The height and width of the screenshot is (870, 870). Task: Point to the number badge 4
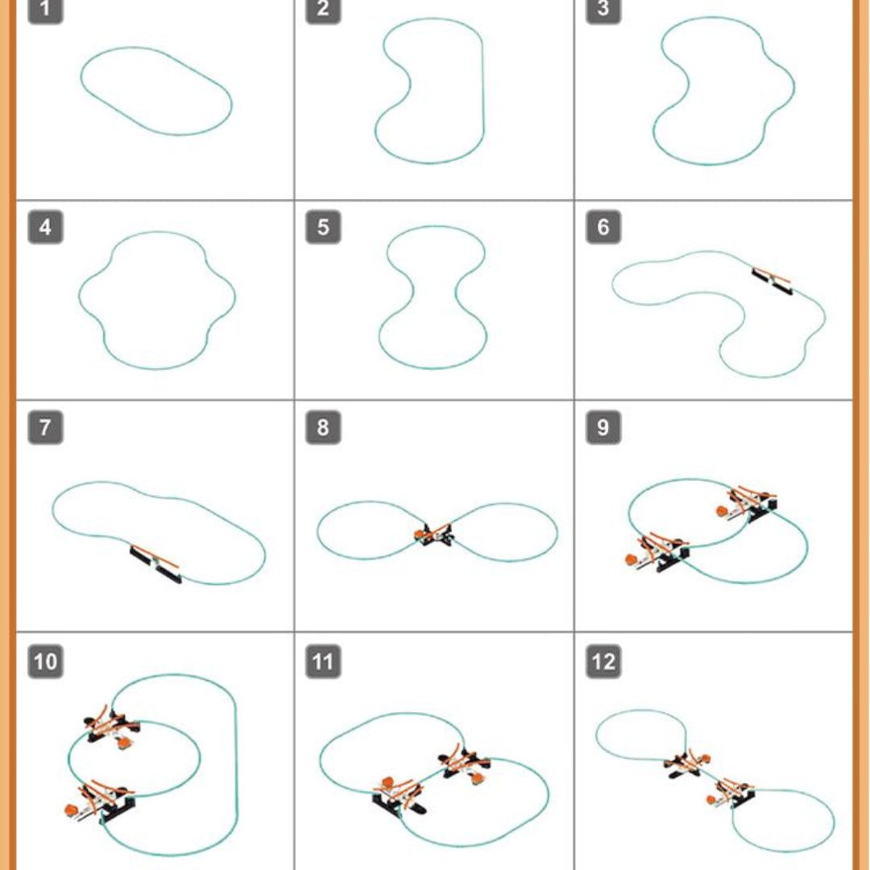click(45, 227)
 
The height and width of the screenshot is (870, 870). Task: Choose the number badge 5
click(323, 227)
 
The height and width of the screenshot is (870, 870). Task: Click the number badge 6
click(603, 227)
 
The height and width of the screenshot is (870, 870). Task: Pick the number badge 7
click(45, 427)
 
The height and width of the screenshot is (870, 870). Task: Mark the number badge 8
click(323, 427)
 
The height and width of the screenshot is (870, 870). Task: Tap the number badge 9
click(603, 427)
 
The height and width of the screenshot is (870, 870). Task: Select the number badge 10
click(45, 661)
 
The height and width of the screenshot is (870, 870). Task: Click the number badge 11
click(323, 661)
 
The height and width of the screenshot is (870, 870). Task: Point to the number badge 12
click(603, 661)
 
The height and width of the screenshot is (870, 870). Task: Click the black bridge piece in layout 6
click(772, 281)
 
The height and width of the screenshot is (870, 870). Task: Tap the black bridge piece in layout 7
click(155, 564)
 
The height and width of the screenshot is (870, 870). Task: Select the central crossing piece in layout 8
click(434, 534)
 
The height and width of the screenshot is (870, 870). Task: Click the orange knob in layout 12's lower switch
click(710, 800)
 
